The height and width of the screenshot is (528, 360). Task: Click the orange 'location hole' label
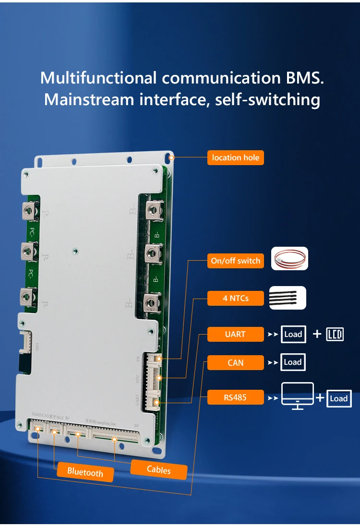pyautogui.click(x=235, y=157)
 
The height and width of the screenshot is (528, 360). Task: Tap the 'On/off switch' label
pyautogui.click(x=235, y=261)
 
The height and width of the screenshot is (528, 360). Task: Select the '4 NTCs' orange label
pyautogui.click(x=235, y=298)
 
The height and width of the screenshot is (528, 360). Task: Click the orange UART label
pyautogui.click(x=235, y=334)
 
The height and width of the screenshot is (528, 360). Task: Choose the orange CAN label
pyautogui.click(x=235, y=362)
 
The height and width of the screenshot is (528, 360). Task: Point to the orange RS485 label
pyautogui.click(x=235, y=397)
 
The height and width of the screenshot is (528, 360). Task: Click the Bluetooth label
pyautogui.click(x=85, y=472)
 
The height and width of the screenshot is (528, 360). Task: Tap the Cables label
pyautogui.click(x=158, y=469)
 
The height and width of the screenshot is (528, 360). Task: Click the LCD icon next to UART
pyautogui.click(x=335, y=334)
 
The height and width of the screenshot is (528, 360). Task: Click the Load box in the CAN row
pyautogui.click(x=292, y=362)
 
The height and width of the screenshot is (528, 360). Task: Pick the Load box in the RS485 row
pyautogui.click(x=338, y=398)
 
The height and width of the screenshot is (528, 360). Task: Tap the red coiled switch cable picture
pyautogui.click(x=289, y=259)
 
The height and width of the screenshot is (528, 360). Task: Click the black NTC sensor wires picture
pyautogui.click(x=288, y=298)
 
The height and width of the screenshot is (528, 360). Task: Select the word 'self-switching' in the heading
pyautogui.click(x=267, y=100)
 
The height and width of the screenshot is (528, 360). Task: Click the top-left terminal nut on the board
pyautogui.click(x=29, y=209)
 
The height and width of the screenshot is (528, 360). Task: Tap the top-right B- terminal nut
pyautogui.click(x=152, y=209)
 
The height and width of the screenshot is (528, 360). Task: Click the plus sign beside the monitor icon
pyautogui.click(x=320, y=397)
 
